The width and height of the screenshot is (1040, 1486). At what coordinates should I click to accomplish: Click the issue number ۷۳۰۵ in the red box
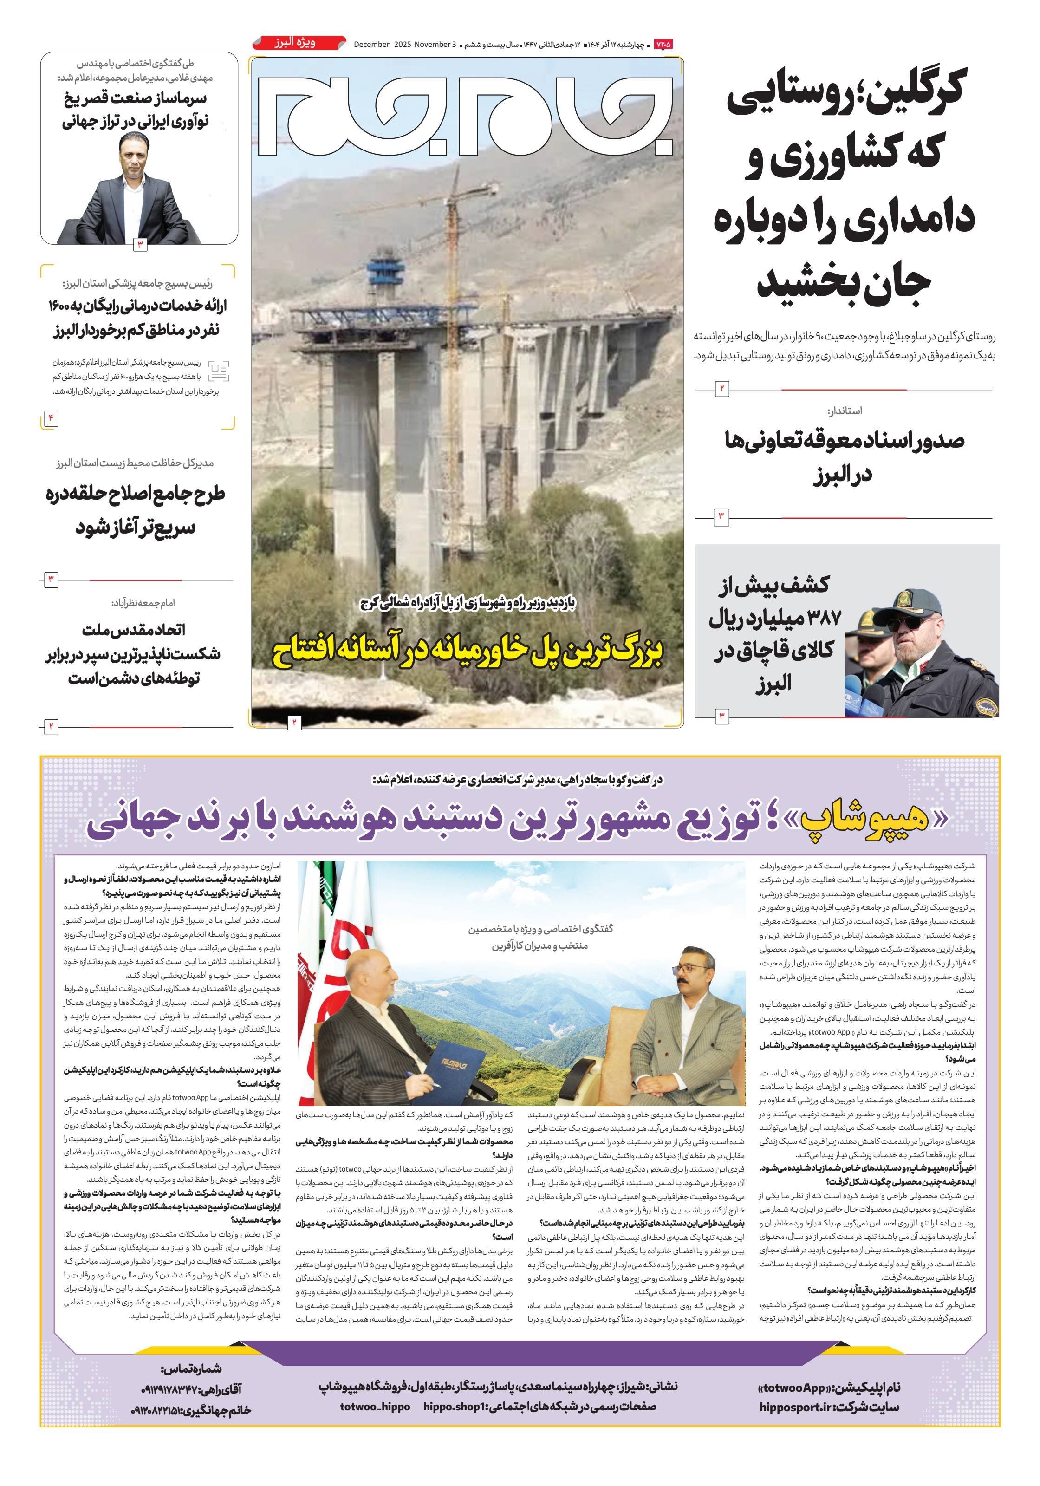pyautogui.click(x=663, y=44)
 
